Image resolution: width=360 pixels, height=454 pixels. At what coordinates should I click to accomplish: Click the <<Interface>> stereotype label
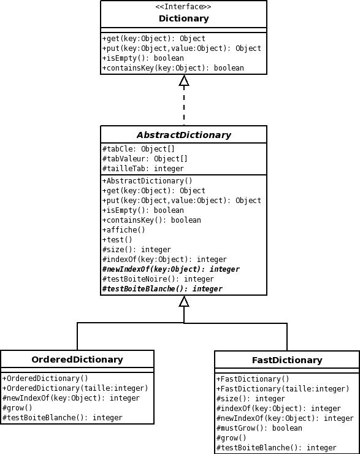183,7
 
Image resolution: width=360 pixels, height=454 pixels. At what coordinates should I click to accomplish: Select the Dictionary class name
184,18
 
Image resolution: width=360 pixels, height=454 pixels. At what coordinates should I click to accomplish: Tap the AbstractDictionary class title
184,135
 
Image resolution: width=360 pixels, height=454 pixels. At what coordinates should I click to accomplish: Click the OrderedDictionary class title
77,360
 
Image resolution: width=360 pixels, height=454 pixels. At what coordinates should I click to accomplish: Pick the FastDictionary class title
287,360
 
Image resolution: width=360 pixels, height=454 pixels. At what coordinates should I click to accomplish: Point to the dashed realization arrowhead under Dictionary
184,81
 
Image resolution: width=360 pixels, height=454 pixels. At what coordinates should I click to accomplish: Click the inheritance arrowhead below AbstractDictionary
184,301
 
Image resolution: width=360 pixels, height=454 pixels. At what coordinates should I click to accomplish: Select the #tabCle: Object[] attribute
139,149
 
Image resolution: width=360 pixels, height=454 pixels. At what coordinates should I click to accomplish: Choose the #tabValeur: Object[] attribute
145,159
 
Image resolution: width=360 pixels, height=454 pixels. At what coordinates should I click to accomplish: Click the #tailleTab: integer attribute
143,169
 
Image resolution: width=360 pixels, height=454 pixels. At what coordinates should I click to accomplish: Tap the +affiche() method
123,230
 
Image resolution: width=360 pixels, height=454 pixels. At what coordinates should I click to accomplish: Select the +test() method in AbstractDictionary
117,240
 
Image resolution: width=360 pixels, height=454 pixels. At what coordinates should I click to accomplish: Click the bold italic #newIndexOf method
170,269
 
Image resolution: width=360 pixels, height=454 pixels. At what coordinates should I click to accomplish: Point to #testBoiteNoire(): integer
158,279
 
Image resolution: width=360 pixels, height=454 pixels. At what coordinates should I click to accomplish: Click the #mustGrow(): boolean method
259,428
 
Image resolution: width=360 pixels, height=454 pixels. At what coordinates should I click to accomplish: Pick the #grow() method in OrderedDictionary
17,408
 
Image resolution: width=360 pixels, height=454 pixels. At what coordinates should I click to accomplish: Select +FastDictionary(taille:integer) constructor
283,389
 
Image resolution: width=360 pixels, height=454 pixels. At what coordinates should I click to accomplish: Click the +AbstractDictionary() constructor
147,181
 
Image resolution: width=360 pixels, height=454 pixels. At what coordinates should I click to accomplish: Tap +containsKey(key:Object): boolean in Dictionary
173,68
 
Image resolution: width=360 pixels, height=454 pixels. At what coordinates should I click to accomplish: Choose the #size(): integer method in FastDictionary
251,399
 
